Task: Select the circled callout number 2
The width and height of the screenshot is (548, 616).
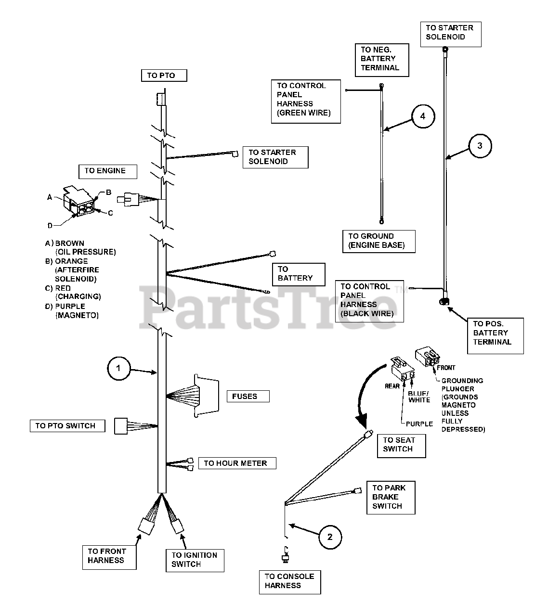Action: tap(330, 537)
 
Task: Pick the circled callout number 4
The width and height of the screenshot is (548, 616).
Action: tap(423, 116)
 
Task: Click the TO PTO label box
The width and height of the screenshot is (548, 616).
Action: tap(164, 76)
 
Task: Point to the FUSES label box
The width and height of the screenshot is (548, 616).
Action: tap(248, 396)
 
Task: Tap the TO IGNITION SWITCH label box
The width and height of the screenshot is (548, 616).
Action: tap(195, 559)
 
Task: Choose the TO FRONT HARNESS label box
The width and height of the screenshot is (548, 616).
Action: tap(109, 556)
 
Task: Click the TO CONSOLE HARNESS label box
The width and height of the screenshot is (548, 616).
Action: tap(289, 581)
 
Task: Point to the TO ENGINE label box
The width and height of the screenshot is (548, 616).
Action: tap(107, 171)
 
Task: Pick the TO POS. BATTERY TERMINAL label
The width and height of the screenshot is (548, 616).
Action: tap(495, 333)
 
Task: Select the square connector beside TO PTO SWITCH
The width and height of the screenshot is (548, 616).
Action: tap(120, 426)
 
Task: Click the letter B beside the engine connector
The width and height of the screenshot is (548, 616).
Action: tap(109, 192)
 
